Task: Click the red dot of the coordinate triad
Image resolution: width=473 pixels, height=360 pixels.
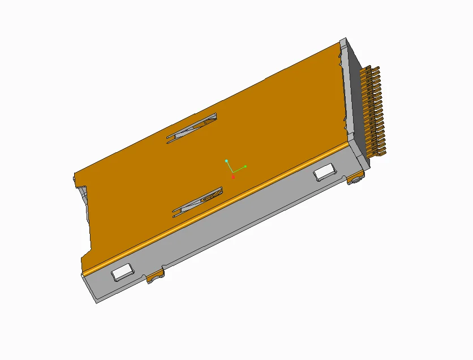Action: click(x=233, y=177)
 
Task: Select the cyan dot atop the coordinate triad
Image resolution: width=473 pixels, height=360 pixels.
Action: click(x=227, y=161)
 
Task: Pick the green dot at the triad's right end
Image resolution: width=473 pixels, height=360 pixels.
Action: click(x=245, y=166)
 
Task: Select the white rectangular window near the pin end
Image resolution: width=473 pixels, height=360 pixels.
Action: click(x=324, y=172)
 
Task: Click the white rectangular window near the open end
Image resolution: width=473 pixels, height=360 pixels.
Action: click(x=122, y=272)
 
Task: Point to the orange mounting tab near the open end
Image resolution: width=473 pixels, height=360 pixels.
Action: click(x=155, y=277)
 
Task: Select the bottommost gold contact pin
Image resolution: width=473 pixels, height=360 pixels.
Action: click(x=381, y=152)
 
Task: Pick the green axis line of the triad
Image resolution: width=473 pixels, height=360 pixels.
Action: click(x=239, y=168)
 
